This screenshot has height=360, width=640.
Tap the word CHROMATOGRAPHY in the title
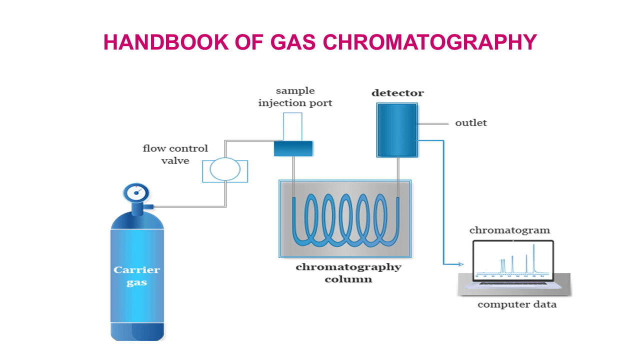pyautogui.click(x=430, y=42)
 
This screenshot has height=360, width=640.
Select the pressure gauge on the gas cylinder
pyautogui.click(x=135, y=192)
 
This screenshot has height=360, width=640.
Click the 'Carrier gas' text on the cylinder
pyautogui.click(x=136, y=276)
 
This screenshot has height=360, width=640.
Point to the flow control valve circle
pyautogui.click(x=225, y=169)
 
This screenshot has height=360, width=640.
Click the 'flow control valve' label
pyautogui.click(x=175, y=154)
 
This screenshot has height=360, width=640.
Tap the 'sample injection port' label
pyautogui.click(x=295, y=97)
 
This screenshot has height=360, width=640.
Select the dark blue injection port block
pyautogui.click(x=293, y=148)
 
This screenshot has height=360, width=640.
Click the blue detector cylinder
pyautogui.click(x=397, y=130)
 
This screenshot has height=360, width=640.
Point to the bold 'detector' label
pyautogui.click(x=397, y=93)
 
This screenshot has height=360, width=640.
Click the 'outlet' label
pyautogui.click(x=470, y=123)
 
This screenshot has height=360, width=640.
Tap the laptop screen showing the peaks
pyautogui.click(x=513, y=260)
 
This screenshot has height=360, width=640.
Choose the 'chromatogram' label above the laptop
pyautogui.click(x=509, y=230)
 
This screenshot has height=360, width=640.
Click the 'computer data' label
pyautogui.click(x=516, y=304)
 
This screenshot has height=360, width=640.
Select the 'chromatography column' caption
pyautogui.click(x=348, y=272)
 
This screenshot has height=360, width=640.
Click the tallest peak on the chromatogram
pyautogui.click(x=534, y=257)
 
